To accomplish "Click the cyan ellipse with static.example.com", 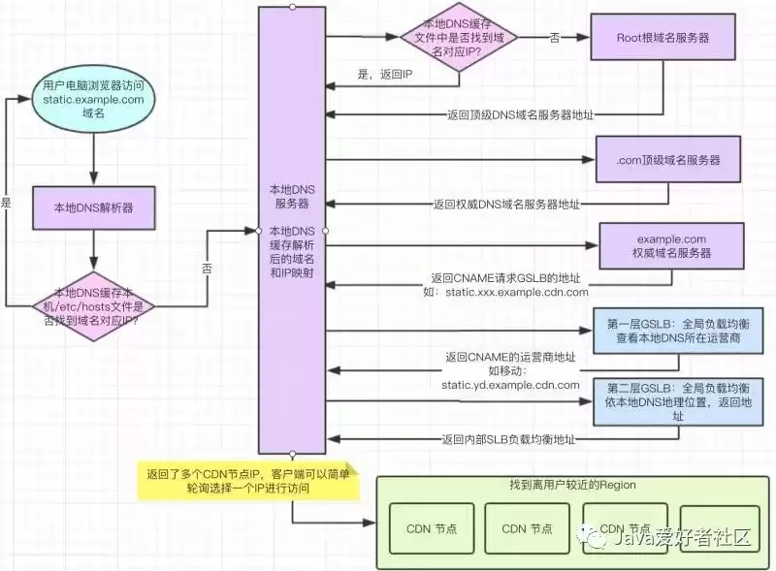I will tap(93, 100).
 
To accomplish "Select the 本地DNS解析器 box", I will tap(93, 207).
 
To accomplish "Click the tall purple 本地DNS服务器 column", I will tap(291, 230).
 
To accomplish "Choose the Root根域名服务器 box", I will tap(663, 38).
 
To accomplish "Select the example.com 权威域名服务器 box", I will tap(670, 245).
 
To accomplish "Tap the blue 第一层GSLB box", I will tap(670, 331).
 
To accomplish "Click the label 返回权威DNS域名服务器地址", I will tap(506, 205).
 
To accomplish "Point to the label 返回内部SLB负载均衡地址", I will tap(508, 439).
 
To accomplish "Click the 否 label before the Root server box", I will tap(555, 37).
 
